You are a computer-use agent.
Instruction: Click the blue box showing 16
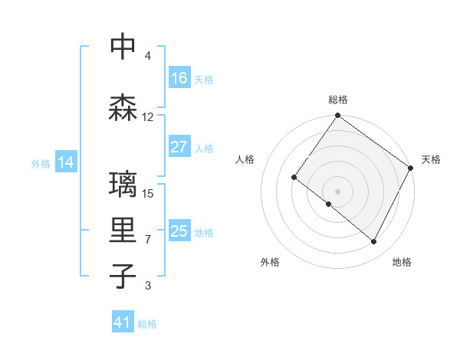pos(179,78)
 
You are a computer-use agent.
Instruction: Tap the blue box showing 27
pos(179,147)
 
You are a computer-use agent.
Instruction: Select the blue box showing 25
pos(179,231)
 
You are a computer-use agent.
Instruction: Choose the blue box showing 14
pos(65,162)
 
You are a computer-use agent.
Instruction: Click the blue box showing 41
pos(122,322)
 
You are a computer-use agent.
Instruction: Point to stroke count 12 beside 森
pos(148,117)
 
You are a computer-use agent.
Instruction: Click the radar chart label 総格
pos(338,100)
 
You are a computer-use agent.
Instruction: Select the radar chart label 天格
pos(431,159)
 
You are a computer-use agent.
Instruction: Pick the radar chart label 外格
pos(270,262)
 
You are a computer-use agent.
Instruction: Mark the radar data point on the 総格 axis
pos(337,116)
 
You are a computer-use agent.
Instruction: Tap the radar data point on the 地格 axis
pos(374,242)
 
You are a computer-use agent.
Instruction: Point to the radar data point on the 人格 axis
pos(294,177)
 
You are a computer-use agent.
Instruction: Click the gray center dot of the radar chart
pos(337,191)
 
